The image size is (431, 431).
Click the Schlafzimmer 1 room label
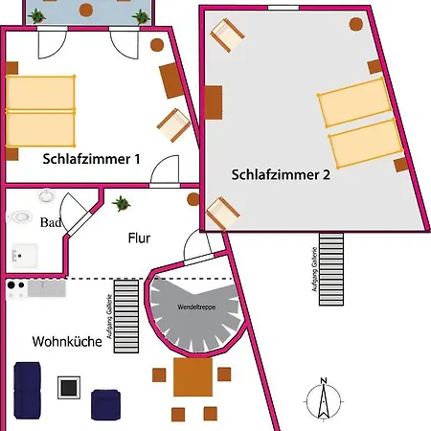coord(91,159)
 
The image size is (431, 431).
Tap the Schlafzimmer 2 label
coord(281,174)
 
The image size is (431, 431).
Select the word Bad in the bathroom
coord(51,222)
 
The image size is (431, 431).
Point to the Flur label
coord(139,238)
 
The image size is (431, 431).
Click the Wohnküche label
coord(67,342)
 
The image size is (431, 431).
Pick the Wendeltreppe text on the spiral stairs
coord(196,307)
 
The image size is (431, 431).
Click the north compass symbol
coord(324,399)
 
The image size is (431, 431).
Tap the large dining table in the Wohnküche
coord(193,377)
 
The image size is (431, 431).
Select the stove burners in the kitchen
coord(16,290)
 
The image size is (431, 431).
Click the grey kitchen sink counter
coord(47,288)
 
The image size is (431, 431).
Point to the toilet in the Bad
coord(21,217)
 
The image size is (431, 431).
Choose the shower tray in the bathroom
coord(24,256)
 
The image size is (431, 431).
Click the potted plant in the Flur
coord(121,203)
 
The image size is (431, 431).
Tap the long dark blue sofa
coord(27,390)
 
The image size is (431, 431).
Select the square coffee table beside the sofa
coord(69,388)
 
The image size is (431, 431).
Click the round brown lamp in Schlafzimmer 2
coord(356,24)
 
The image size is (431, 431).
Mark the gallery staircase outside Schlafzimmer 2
coord(331,269)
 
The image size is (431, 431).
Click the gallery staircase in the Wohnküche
coord(126,316)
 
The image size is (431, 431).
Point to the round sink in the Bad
coord(47,195)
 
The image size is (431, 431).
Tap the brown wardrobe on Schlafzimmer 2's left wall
coord(214,102)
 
